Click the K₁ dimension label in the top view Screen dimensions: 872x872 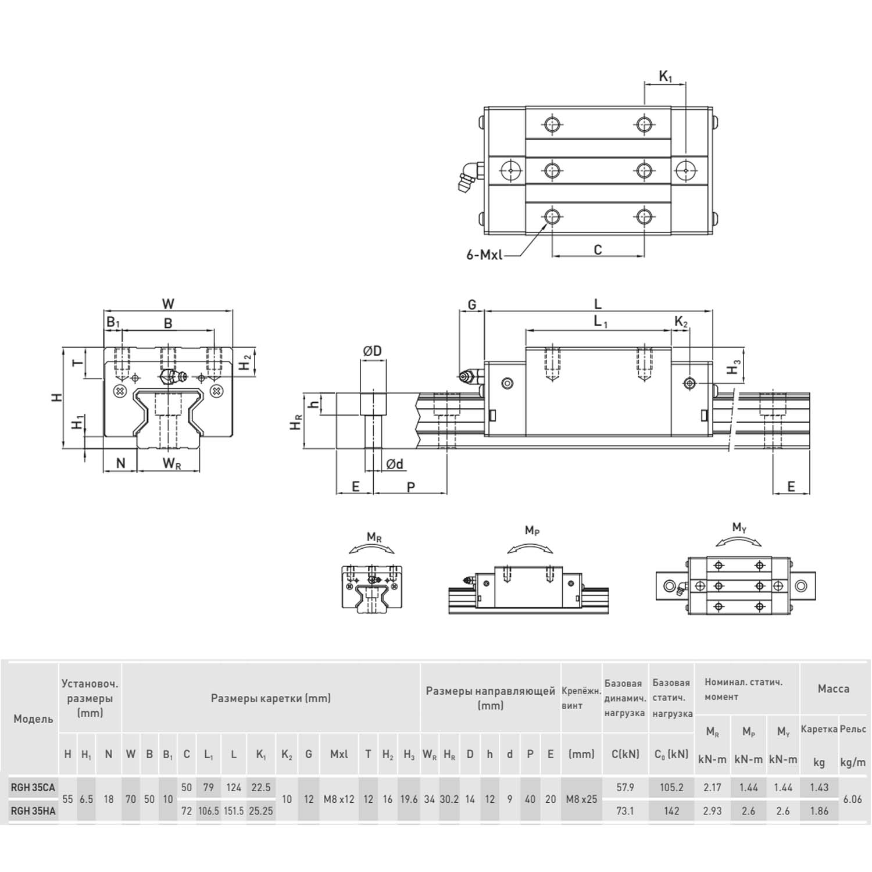[x=665, y=76]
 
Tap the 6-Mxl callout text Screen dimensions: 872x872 [x=484, y=255]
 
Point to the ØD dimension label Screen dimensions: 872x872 [x=372, y=351]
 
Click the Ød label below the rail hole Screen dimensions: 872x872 [x=395, y=463]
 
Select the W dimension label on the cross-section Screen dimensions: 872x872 [x=168, y=304]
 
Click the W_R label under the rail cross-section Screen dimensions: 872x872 [x=171, y=463]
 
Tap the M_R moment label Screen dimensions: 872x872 [x=374, y=537]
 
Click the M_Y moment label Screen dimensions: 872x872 [x=739, y=528]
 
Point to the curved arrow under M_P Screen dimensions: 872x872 [x=530, y=548]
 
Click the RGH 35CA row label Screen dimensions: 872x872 [x=33, y=788]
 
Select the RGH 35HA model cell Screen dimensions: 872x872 [x=33, y=811]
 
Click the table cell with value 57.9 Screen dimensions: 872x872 [x=625, y=788]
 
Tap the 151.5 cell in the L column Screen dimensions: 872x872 [x=234, y=811]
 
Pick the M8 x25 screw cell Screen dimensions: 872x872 [x=581, y=799]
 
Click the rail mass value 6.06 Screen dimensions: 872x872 [x=852, y=799]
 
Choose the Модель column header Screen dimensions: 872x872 [x=33, y=719]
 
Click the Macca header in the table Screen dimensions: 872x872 [x=834, y=689]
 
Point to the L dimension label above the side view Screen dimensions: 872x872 [x=598, y=303]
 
